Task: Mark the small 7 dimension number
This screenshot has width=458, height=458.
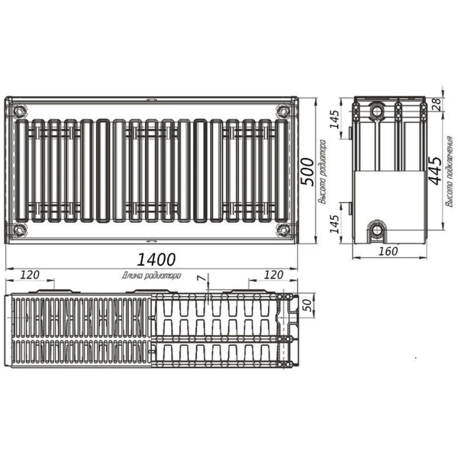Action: [x=201, y=280]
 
